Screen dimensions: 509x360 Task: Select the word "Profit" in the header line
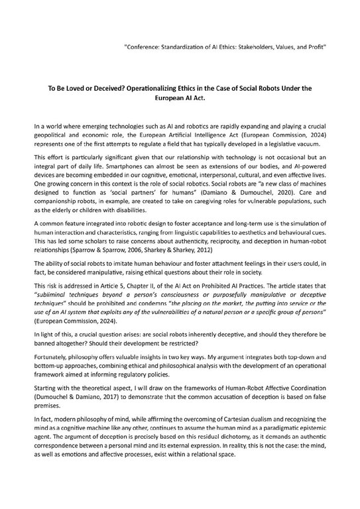pos(316,50)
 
